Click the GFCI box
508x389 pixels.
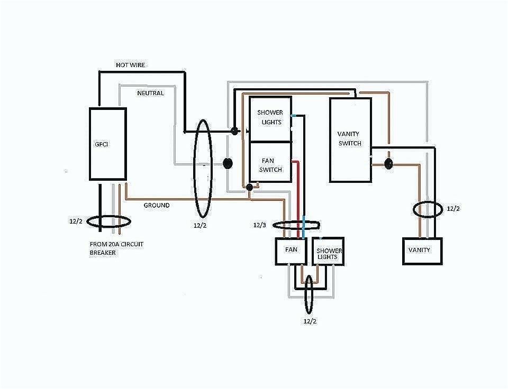(107, 144)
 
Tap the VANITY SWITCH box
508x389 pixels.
(350, 140)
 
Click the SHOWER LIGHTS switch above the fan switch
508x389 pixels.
(270, 119)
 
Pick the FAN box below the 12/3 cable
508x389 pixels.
(290, 251)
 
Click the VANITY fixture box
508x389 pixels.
(422, 251)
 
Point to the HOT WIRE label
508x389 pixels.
(130, 65)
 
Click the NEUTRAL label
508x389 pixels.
(150, 93)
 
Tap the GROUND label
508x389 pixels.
(157, 205)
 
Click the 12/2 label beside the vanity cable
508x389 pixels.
(453, 209)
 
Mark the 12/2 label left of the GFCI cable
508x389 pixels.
(75, 221)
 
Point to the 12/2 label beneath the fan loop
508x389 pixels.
(311, 321)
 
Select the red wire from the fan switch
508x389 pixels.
(298, 196)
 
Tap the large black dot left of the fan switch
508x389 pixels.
(228, 163)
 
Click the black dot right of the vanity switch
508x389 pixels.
(388, 164)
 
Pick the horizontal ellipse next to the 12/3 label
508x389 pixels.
(296, 226)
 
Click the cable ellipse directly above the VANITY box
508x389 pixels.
(428, 209)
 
